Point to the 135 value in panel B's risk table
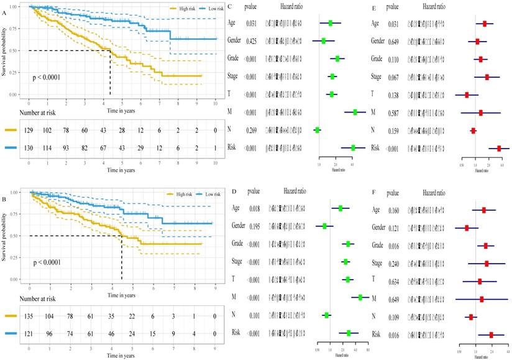coord(30,316)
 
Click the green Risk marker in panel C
coord(353,148)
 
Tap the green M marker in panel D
coord(360,298)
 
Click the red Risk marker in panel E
coord(499,149)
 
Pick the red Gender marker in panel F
coord(467,228)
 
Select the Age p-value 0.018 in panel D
coord(251,209)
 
